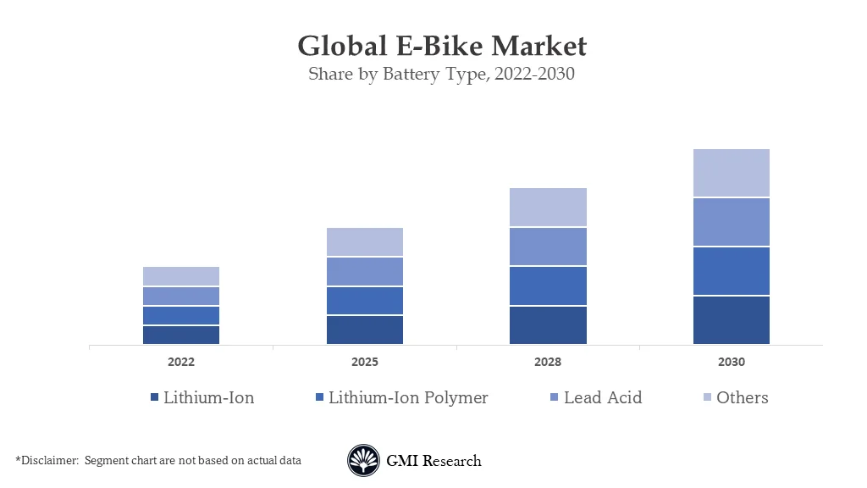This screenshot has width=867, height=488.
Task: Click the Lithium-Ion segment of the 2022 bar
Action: [x=181, y=335]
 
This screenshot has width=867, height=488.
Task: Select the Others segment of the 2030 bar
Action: [x=732, y=173]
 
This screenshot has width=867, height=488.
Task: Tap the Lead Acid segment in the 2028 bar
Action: [x=548, y=247]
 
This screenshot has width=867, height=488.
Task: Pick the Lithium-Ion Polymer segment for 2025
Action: [x=365, y=301]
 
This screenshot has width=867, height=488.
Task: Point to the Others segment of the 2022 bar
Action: [x=181, y=276]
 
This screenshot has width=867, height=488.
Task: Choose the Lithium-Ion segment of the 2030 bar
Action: [x=732, y=320]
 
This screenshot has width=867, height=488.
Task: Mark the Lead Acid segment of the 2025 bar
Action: [x=365, y=272]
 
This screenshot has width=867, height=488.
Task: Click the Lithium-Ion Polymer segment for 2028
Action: [x=548, y=286]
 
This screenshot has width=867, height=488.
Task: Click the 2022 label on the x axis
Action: [x=181, y=362]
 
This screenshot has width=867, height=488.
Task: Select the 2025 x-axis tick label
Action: [x=365, y=362]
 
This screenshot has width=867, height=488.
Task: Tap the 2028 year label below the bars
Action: [x=548, y=362]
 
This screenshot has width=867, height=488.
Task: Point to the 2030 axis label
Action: [x=732, y=362]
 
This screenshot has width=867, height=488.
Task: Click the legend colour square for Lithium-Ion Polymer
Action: [x=318, y=398]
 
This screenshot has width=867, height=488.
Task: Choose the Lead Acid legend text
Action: [x=603, y=397]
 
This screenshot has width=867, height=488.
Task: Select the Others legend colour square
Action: [x=706, y=398]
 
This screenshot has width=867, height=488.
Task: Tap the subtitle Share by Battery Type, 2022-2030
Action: [x=441, y=74]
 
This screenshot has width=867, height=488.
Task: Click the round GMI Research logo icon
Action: [x=363, y=461]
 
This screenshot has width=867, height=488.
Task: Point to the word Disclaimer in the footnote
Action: [x=48, y=460]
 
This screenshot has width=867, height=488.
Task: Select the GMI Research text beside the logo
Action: [x=433, y=461]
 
